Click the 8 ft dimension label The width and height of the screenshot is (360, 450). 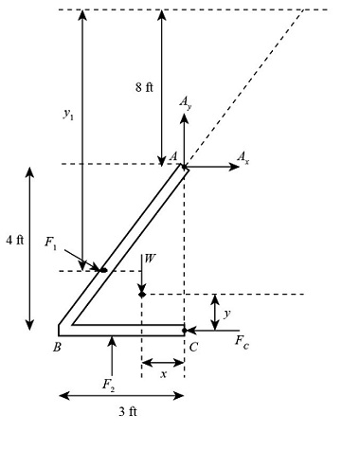point(144,87)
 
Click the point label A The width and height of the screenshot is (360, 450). point(172,156)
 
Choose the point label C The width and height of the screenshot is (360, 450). point(193,347)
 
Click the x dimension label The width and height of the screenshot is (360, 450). point(163,374)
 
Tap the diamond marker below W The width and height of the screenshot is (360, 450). point(141,295)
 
